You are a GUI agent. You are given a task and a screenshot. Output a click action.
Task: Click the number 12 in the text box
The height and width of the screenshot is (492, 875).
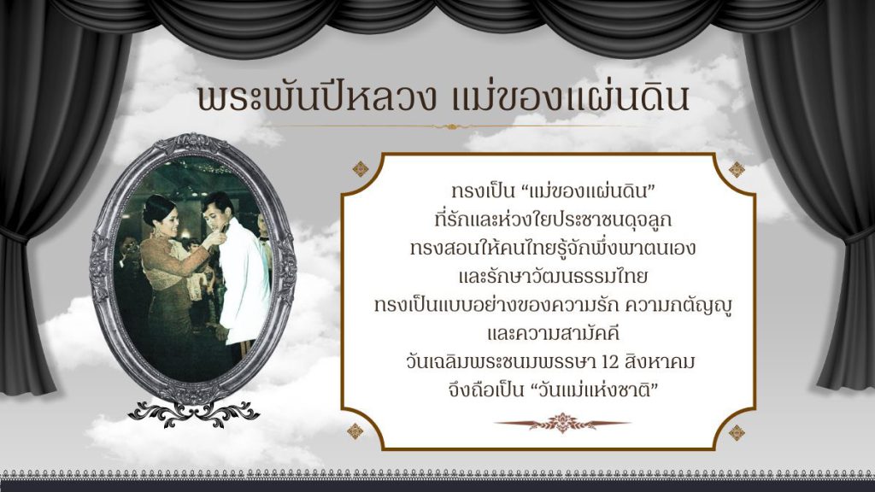pos(612,362)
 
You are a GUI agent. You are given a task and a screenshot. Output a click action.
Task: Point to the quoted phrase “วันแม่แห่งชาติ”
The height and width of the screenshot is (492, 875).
pos(596,389)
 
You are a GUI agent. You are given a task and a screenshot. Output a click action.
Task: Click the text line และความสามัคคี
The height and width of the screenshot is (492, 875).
pos(554,333)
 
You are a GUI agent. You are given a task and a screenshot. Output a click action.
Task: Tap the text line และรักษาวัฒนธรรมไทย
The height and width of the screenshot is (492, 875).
pos(553,276)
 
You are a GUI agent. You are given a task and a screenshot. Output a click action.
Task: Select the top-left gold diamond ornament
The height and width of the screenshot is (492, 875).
pos(361,169)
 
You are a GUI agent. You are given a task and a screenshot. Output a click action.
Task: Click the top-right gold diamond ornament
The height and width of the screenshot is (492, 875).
pos(737,169)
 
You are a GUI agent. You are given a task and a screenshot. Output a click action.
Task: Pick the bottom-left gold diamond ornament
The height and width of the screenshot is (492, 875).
pos(355,431)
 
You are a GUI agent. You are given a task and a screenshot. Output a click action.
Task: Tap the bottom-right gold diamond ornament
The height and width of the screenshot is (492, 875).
pos(737,432)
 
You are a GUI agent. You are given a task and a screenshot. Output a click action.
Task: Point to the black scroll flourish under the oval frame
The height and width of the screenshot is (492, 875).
pos(193,414)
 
